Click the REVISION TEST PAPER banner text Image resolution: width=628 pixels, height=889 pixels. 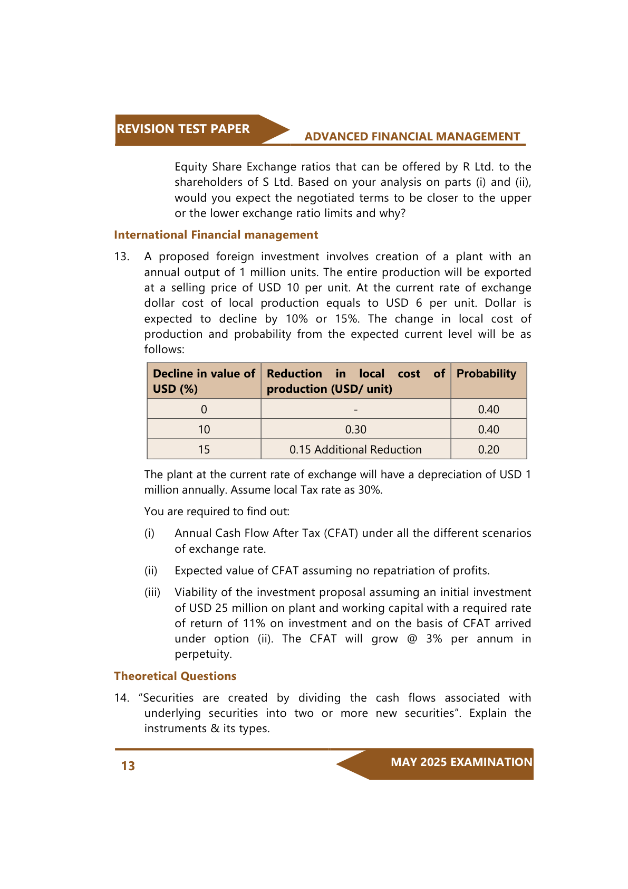click(x=183, y=129)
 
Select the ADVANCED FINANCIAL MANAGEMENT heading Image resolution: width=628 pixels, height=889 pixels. click(x=412, y=137)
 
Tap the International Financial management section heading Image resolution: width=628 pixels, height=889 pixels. click(x=216, y=235)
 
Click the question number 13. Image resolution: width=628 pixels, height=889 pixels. click(x=121, y=257)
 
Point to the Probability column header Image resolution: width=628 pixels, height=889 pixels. click(x=486, y=374)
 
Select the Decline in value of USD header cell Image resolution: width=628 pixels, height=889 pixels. click(x=204, y=381)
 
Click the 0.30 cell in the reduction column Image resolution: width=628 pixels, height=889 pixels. click(x=355, y=430)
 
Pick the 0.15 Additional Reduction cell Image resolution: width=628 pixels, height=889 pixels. click(x=355, y=450)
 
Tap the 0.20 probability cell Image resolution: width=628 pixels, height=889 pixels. click(x=488, y=450)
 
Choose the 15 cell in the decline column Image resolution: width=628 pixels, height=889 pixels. click(x=204, y=450)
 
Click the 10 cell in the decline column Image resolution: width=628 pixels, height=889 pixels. click(x=204, y=430)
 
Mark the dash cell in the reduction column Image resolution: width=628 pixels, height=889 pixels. click(x=355, y=410)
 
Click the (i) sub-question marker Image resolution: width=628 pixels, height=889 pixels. click(x=150, y=533)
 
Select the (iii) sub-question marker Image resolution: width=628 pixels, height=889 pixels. click(x=152, y=592)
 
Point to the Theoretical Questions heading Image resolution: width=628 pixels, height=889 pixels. click(x=175, y=676)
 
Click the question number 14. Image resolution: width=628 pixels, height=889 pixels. click(x=121, y=698)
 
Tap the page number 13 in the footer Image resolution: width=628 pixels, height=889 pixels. click(x=128, y=766)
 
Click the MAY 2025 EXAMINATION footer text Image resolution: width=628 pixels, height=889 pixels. click(x=461, y=762)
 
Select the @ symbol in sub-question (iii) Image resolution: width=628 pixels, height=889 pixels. click(x=412, y=639)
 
